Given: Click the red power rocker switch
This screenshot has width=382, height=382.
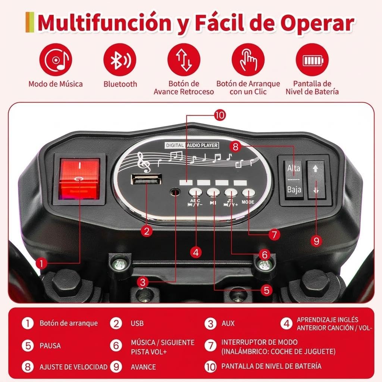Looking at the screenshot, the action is click(x=79, y=179).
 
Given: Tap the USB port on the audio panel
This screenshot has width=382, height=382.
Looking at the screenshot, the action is click(x=146, y=180).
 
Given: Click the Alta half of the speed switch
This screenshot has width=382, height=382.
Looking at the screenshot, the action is click(x=294, y=169).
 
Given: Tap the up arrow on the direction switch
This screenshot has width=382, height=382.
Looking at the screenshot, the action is click(x=316, y=168).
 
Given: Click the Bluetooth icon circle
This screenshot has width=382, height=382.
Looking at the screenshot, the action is click(x=120, y=60).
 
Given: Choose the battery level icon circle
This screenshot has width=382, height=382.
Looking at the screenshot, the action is click(x=312, y=60).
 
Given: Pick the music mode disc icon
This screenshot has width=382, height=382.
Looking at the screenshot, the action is click(x=56, y=60).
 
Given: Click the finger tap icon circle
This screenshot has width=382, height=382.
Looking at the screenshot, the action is click(x=248, y=60).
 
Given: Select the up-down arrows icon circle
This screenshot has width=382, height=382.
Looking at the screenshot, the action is click(x=184, y=60).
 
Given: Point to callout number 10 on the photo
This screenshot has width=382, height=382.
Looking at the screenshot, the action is click(x=220, y=115).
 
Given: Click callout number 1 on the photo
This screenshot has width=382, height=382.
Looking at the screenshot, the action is click(x=41, y=263).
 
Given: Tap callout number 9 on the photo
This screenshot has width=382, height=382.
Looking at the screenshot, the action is click(x=316, y=241).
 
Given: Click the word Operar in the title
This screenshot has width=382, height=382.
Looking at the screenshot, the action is click(x=317, y=23).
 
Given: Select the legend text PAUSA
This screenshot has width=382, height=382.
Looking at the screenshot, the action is click(x=50, y=346).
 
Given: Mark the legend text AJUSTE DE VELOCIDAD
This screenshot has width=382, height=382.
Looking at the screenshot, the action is click(x=73, y=367).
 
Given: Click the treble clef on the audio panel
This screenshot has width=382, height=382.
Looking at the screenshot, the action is click(x=143, y=162).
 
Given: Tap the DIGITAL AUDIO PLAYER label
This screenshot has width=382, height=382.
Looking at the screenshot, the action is click(x=192, y=145).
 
